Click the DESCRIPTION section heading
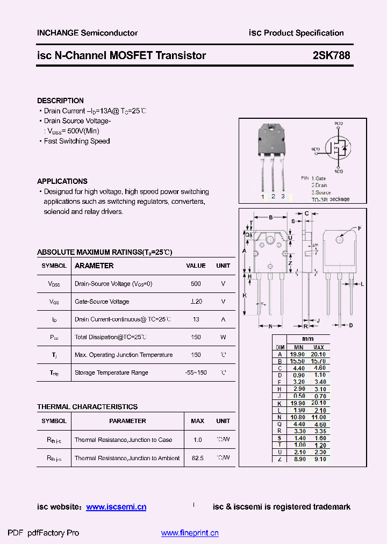(60, 101)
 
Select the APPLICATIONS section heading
(62, 181)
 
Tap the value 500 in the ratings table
(196, 283)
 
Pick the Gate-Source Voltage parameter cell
(102, 302)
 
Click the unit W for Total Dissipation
(223, 337)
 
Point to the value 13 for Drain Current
(196, 319)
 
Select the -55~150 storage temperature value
(196, 373)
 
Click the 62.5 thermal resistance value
(197, 458)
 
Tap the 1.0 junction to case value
(197, 440)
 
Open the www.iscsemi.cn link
(116, 507)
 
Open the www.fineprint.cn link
(190, 533)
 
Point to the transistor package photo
(273, 159)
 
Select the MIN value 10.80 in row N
(298, 417)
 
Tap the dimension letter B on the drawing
(271, 217)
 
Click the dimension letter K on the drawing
(245, 296)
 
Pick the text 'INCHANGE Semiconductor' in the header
(87, 33)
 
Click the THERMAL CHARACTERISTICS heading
(87, 407)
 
